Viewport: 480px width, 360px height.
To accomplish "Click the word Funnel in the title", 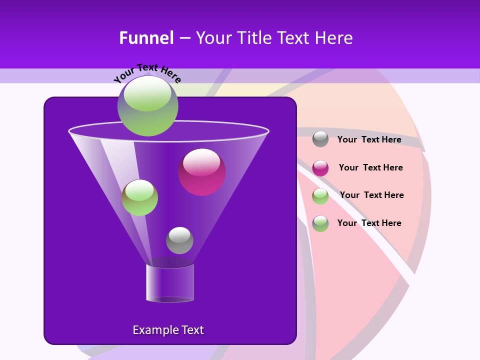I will [x=146, y=38].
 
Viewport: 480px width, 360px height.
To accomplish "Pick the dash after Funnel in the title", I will [x=184, y=38].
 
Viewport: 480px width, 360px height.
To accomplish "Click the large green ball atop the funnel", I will [x=147, y=106].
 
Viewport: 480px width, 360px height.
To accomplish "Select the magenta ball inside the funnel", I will [x=202, y=172].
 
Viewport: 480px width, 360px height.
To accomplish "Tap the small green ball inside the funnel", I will [x=139, y=197].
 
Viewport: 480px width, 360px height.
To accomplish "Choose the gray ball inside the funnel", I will [x=179, y=240].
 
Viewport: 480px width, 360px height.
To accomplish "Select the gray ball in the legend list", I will [x=320, y=139].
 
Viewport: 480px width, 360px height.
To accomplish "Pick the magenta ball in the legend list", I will [x=320, y=168].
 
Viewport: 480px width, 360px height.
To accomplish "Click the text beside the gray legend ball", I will [x=369, y=139].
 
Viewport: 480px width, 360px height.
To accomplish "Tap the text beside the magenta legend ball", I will [x=370, y=167].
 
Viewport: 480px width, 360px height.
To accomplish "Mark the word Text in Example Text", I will [x=192, y=330].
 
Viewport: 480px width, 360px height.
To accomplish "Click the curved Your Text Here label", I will [x=147, y=72].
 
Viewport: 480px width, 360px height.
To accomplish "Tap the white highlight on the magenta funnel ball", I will [x=201, y=161].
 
